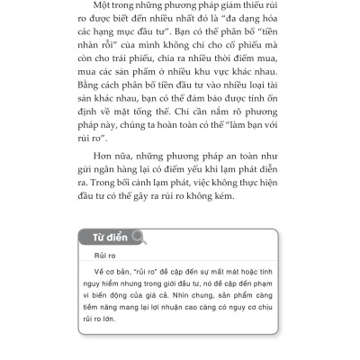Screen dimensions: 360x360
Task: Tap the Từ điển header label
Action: coord(108,238)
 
